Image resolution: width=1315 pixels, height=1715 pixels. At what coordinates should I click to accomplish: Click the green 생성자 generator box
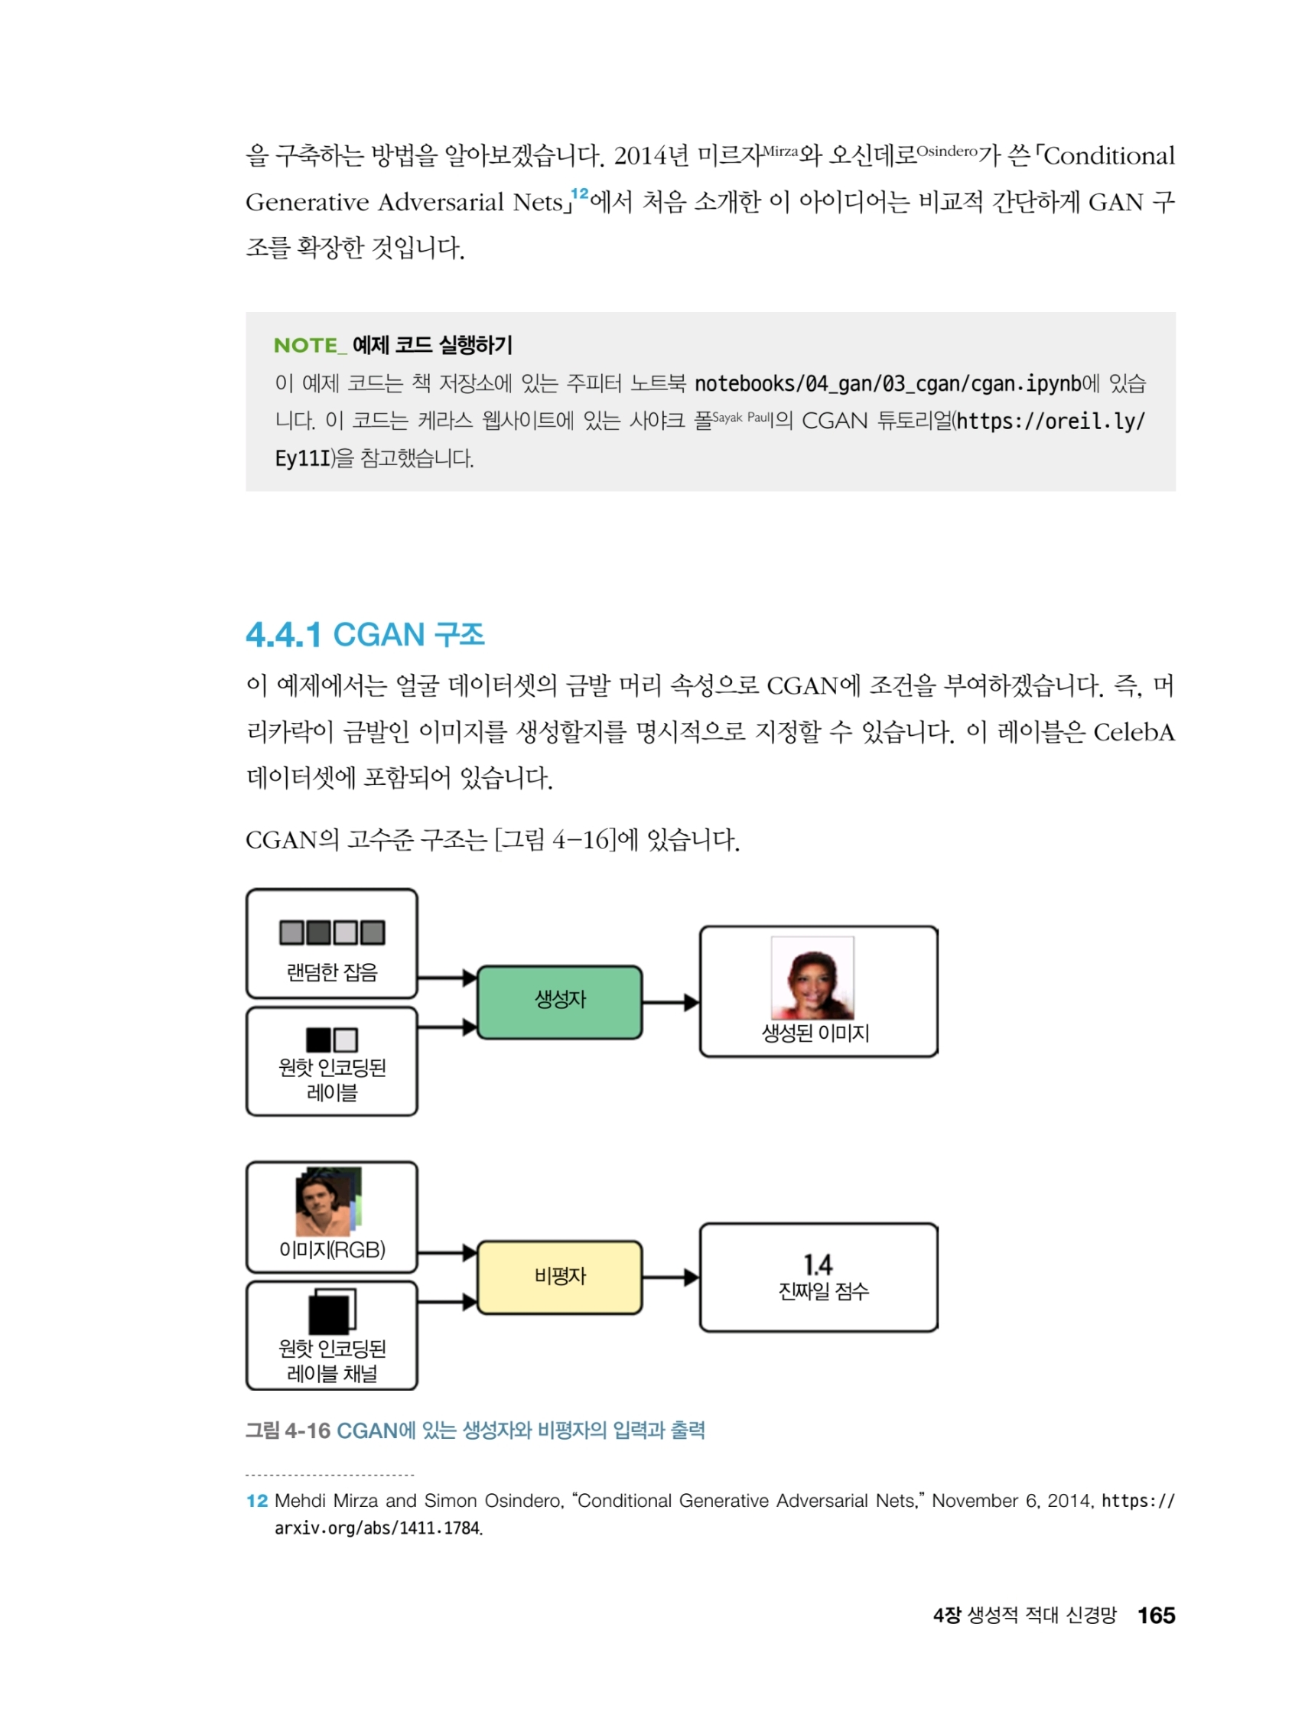point(559,1001)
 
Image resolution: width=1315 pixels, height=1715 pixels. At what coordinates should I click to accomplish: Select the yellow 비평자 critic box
point(559,1277)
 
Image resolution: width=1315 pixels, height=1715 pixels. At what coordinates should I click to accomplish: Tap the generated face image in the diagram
point(812,977)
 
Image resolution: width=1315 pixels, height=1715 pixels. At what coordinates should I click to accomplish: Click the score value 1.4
point(817,1264)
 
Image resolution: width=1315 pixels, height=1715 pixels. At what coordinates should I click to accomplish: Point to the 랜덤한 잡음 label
point(332,972)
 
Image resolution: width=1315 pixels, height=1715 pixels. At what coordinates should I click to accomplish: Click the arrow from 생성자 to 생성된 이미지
point(670,1002)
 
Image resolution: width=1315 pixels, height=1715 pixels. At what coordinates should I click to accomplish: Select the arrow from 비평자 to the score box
point(670,1277)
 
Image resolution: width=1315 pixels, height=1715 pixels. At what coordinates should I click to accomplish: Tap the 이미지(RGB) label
point(332,1249)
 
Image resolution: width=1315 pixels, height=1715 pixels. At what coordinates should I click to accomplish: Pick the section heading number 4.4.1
point(283,635)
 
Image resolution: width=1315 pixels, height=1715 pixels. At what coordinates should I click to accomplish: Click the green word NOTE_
point(310,345)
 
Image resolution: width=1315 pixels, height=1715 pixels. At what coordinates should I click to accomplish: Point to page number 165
point(1155,1615)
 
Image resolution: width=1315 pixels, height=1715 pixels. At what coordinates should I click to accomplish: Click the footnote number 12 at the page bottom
point(257,1501)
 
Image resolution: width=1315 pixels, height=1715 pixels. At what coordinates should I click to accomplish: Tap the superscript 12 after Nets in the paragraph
point(579,194)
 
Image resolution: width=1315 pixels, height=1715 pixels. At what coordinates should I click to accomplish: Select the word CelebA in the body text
point(1134,732)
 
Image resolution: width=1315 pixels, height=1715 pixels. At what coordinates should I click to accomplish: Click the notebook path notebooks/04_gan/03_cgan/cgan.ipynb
point(887,383)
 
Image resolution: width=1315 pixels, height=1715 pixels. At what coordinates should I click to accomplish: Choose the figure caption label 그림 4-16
point(288,1430)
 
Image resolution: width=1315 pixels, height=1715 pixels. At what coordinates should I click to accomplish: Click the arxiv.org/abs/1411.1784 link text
point(377,1528)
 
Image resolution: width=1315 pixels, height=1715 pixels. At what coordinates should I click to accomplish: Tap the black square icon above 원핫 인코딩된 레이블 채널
point(330,1313)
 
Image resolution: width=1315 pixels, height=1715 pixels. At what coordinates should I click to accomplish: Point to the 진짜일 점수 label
point(822,1290)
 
